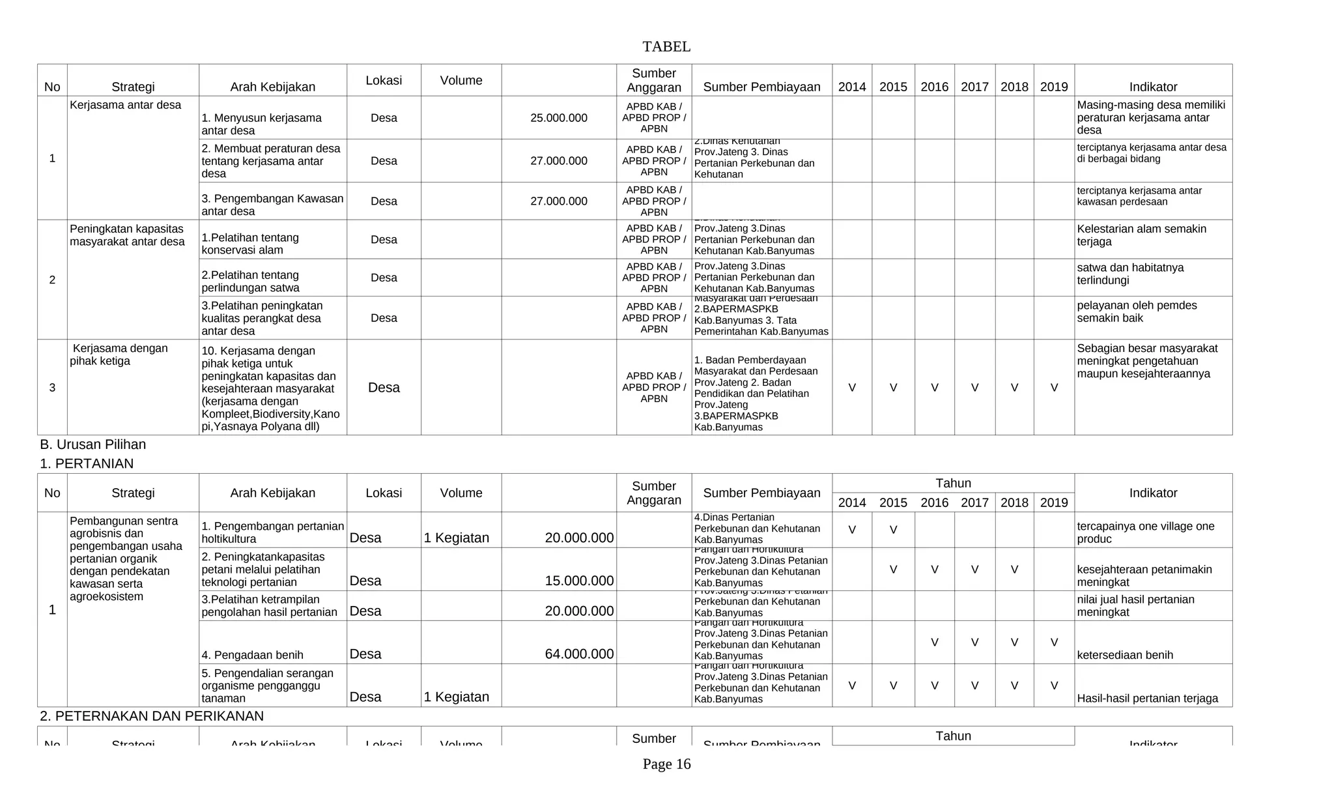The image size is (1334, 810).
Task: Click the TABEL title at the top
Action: click(x=666, y=47)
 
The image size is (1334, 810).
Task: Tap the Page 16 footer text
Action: click(x=666, y=764)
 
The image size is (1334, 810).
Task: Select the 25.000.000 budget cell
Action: click(x=558, y=118)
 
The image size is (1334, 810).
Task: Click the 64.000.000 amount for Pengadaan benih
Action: click(x=578, y=654)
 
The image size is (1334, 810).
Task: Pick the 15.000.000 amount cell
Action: click(x=578, y=581)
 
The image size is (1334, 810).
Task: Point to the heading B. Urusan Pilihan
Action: click(x=92, y=444)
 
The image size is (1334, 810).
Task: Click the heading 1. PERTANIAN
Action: click(x=86, y=463)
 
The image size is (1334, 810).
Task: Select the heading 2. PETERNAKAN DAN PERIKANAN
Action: click(x=151, y=716)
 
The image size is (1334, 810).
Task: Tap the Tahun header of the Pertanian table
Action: click(x=952, y=483)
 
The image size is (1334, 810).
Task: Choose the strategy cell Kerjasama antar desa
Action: click(x=125, y=105)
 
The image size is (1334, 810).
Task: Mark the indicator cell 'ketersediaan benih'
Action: click(x=1124, y=655)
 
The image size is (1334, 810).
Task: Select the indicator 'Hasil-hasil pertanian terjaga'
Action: click(x=1146, y=698)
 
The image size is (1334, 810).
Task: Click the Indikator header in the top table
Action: click(x=1152, y=87)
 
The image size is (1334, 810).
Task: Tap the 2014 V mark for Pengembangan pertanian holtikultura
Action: click(x=851, y=530)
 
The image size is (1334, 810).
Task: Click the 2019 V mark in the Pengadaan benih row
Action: click(x=1053, y=643)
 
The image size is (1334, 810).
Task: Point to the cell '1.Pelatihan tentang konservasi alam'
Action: click(x=249, y=244)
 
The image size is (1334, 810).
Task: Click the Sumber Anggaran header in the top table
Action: click(x=653, y=80)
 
